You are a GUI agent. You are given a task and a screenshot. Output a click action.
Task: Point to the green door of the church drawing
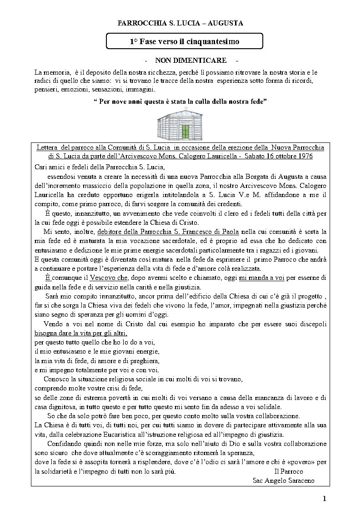[185, 132]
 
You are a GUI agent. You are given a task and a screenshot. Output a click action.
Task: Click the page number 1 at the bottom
[325, 499]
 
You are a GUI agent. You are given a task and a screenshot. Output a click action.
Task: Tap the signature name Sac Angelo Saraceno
[283, 481]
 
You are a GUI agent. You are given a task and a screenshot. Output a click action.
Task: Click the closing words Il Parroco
[289, 471]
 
